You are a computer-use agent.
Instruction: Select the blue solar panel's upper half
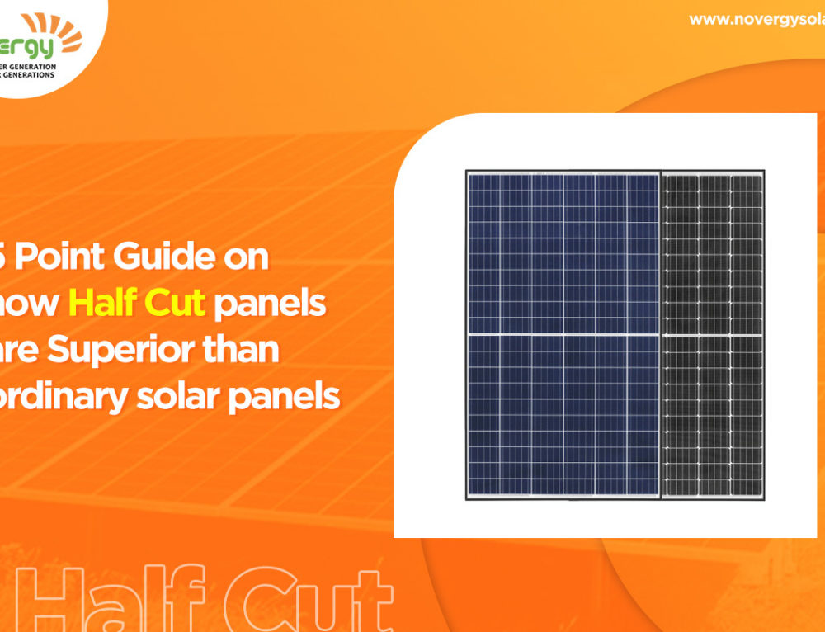point(563,252)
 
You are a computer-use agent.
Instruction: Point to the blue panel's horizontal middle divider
point(563,333)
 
